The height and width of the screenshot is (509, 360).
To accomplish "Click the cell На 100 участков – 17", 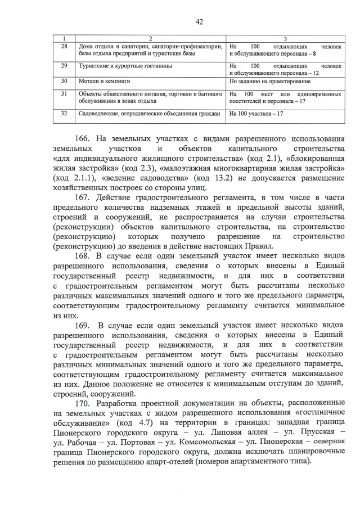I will coord(256,114).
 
